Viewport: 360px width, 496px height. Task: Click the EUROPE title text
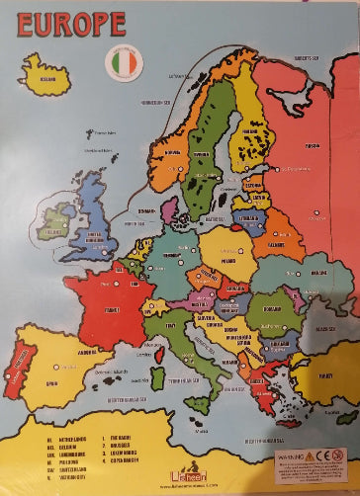pos(70,24)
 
